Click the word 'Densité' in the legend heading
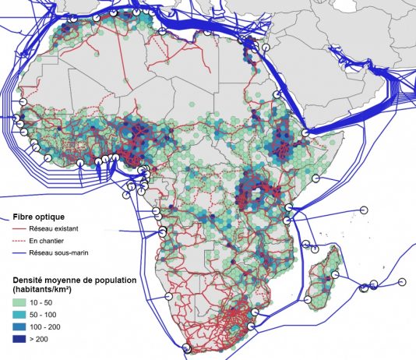pyautogui.click(x=26, y=278)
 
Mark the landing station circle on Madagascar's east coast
pyautogui.click(x=336, y=274)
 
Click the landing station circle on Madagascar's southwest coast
pyautogui.click(x=308, y=298)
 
